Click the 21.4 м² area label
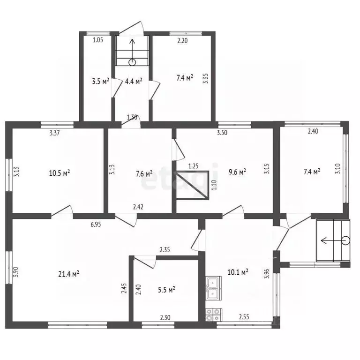point(68,274)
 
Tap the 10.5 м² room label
point(60,173)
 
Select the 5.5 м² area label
point(166,290)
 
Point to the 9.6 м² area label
point(237,172)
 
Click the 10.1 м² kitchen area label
point(238,272)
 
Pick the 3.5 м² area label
point(100,81)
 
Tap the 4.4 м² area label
point(134,81)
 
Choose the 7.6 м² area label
point(144,173)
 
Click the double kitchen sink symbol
point(214,288)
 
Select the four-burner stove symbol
point(214,315)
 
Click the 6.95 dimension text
point(96,225)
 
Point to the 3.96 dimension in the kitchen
point(267,273)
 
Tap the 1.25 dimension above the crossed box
point(193,166)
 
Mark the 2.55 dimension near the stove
point(244,317)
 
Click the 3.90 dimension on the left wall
point(16,272)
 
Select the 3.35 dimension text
point(206,78)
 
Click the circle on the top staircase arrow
point(132,62)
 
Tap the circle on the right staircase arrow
point(345,240)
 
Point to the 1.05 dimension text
point(98,40)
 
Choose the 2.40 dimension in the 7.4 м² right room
point(313,132)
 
